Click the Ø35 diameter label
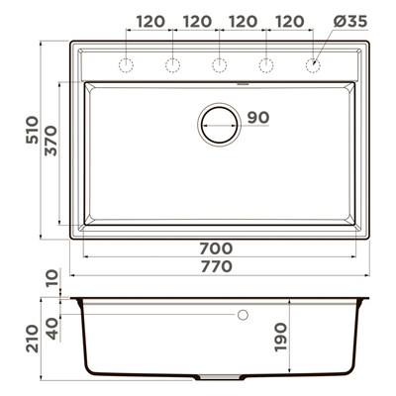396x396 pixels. [x=350, y=22]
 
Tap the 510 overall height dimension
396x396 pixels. [x=33, y=130]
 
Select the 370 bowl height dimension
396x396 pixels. [x=51, y=141]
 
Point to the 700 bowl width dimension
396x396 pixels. [x=216, y=248]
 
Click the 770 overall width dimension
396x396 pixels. [x=216, y=266]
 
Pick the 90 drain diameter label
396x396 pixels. [x=258, y=118]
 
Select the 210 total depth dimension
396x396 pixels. [x=33, y=339]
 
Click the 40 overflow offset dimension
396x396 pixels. [x=52, y=329]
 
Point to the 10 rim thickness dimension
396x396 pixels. [x=52, y=277]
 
